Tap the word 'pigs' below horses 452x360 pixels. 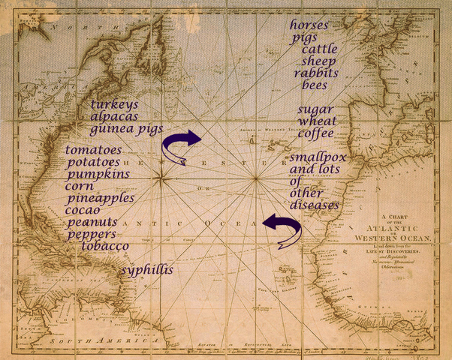click(306, 37)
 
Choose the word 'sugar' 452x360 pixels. click(316, 109)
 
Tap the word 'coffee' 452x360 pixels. click(315, 133)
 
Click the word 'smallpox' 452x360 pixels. click(318, 157)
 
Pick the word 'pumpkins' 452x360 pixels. click(98, 174)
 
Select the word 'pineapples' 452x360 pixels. click(101, 199)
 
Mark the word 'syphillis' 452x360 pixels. click(147, 269)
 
